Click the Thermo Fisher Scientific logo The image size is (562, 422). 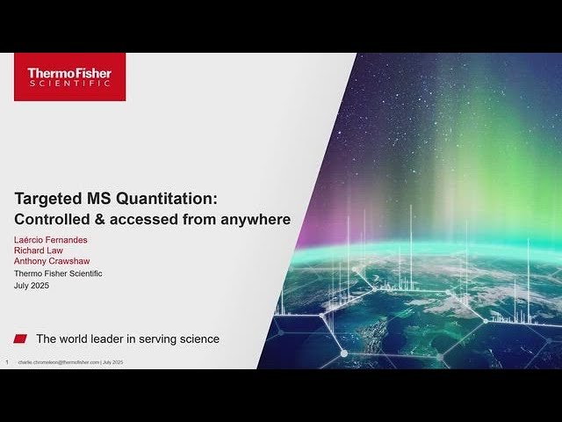[69, 76]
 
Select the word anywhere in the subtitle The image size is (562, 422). [255, 219]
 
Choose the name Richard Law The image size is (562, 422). [39, 251]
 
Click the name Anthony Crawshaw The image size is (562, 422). [52, 261]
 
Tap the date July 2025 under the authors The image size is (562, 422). [34, 285]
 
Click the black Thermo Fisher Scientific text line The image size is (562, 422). [58, 273]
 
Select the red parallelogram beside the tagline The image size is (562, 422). [20, 338]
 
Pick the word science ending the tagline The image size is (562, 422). [198, 338]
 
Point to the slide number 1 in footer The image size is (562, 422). [7, 362]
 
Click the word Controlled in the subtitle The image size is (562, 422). [53, 219]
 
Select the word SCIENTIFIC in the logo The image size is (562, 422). [69, 84]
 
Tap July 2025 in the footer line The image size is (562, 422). [112, 362]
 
